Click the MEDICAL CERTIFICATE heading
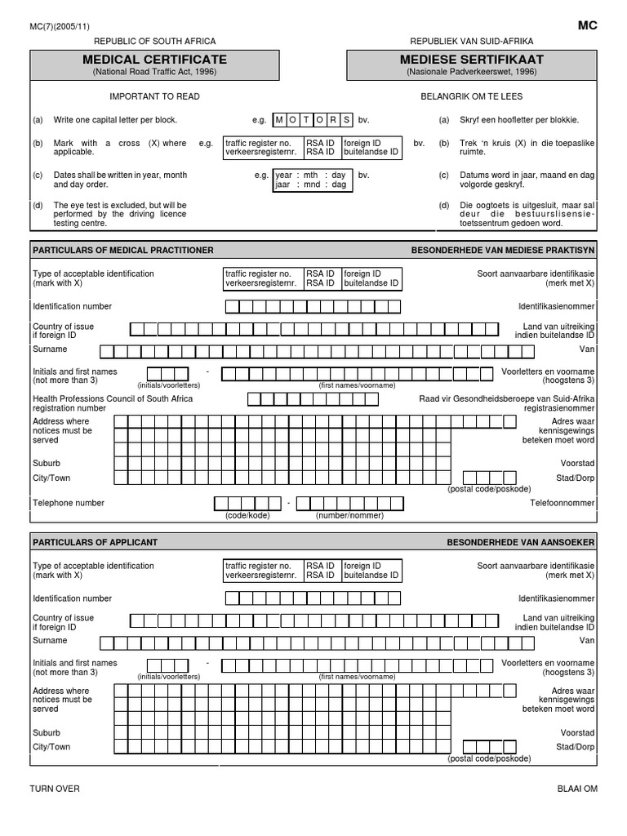(x=154, y=60)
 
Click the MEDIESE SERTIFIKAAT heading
(x=471, y=60)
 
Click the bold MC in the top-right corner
(x=588, y=25)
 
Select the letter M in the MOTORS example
(x=279, y=120)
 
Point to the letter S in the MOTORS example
(x=346, y=120)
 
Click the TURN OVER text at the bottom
(x=55, y=789)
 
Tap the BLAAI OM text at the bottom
(x=576, y=789)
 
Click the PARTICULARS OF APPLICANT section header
(x=95, y=542)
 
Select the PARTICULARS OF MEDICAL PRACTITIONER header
(x=122, y=250)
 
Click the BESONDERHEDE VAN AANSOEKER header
(x=520, y=542)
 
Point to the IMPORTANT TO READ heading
(x=154, y=96)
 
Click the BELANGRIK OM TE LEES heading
(x=471, y=96)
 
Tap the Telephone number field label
(x=69, y=503)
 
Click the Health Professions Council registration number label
(x=113, y=403)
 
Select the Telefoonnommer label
(x=563, y=503)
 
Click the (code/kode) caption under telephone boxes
(x=247, y=516)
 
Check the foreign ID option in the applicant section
(x=371, y=570)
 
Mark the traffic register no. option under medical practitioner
(x=262, y=278)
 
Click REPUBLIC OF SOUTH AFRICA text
(x=155, y=41)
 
